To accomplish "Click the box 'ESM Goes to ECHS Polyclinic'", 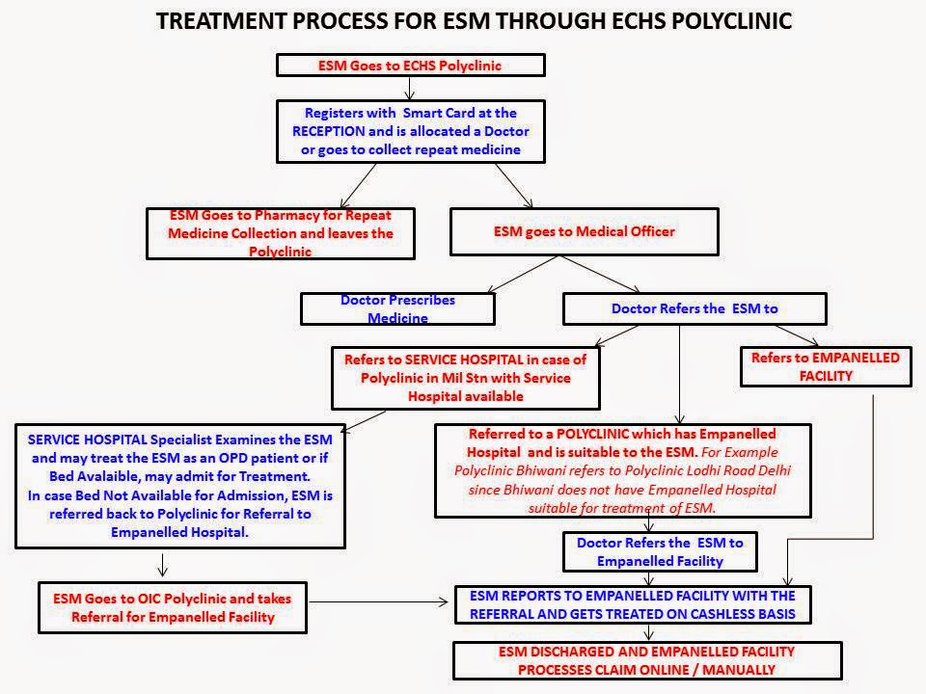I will pyautogui.click(x=411, y=66).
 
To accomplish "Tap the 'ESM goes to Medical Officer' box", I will pyautogui.click(x=585, y=231).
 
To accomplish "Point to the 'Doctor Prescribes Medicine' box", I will pyautogui.click(x=397, y=308).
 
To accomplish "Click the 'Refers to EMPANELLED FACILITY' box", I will pyautogui.click(x=825, y=366).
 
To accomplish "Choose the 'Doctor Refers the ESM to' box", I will pyautogui.click(x=694, y=308).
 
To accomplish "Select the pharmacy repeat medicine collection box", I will pyautogui.click(x=281, y=234).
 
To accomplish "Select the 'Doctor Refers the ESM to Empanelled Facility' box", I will pyautogui.click(x=660, y=551).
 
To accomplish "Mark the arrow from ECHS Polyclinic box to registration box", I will pyautogui.click(x=411, y=89).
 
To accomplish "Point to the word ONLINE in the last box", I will pyautogui.click(x=705, y=669).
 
